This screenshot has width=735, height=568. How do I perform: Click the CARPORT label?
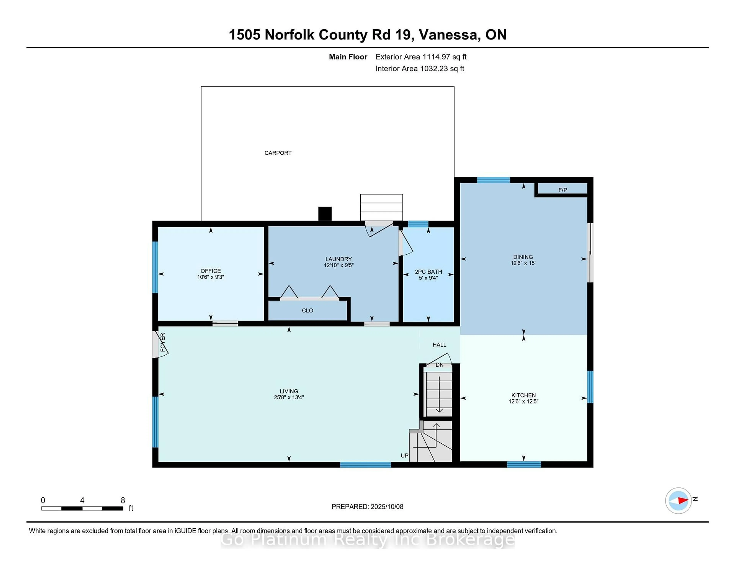coord(278,153)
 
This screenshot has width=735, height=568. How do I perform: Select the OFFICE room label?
coord(211,271)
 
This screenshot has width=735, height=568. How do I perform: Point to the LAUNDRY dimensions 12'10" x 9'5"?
coord(339,265)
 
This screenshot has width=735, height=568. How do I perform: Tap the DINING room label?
coord(523,257)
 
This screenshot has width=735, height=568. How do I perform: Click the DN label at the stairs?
coord(439,365)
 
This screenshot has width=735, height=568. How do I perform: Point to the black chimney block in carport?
coord(325,214)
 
